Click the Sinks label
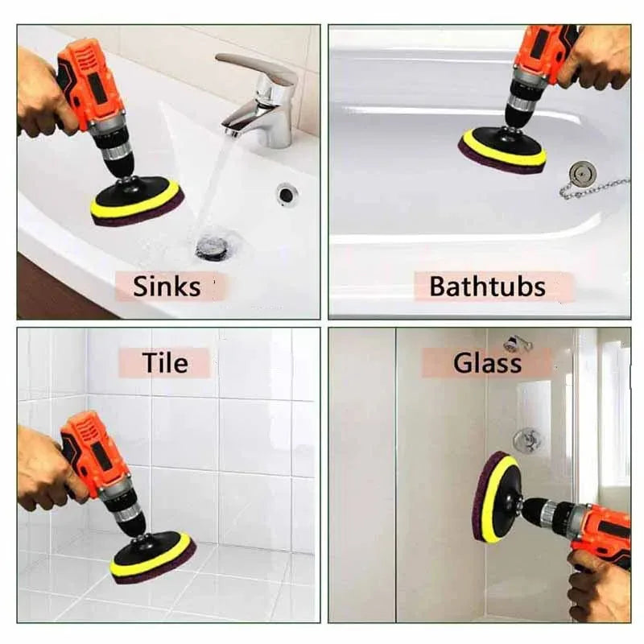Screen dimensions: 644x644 (167, 287)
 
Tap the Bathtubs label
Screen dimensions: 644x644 (487, 287)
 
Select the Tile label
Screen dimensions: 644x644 (165, 363)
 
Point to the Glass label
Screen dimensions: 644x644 (487, 363)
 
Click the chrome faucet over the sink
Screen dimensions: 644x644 (262, 101)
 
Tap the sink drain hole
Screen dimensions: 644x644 (212, 246)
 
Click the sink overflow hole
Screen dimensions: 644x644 (287, 193)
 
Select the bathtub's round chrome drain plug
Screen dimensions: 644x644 (582, 172)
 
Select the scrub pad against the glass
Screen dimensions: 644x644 (493, 497)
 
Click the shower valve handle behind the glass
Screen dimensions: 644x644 (528, 440)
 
